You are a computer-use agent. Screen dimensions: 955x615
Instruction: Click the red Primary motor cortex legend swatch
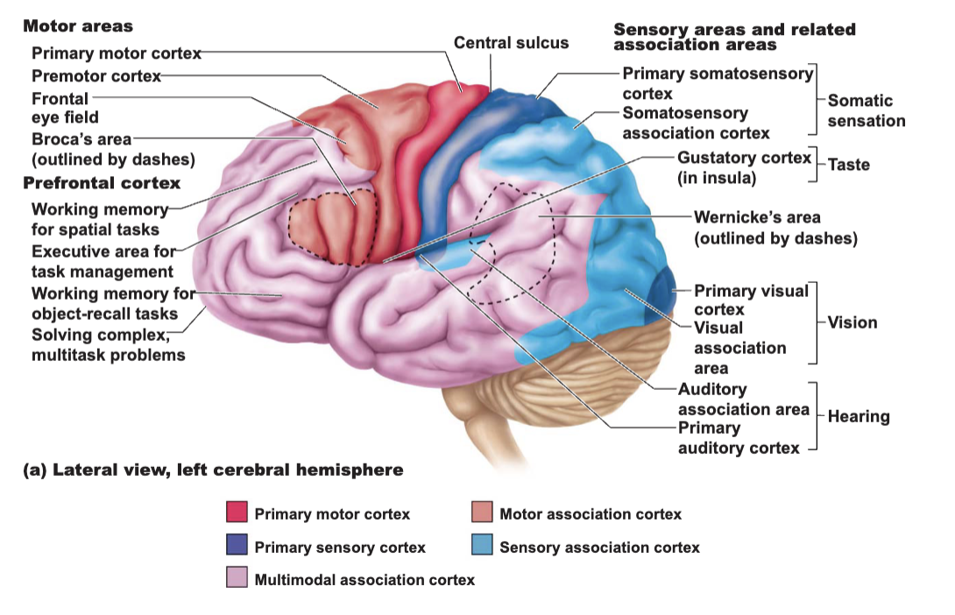[x=237, y=512]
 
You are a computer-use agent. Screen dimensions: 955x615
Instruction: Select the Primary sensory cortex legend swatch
[x=237, y=544]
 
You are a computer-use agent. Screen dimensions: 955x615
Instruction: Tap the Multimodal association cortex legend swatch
[x=237, y=577]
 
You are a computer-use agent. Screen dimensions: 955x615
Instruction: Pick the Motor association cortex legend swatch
[x=482, y=512]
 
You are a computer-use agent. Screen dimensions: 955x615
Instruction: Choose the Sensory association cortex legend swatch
[x=482, y=544]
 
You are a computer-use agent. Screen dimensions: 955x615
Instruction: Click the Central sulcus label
[x=511, y=43]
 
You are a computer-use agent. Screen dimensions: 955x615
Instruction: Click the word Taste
[x=848, y=165]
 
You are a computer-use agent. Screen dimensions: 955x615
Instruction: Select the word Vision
[x=852, y=322]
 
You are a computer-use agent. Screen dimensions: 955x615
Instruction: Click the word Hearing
[x=859, y=416]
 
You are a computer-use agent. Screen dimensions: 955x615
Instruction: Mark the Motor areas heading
[x=78, y=26]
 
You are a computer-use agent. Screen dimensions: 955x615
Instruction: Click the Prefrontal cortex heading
[x=102, y=183]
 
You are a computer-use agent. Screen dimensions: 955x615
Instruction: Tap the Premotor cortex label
[x=96, y=76]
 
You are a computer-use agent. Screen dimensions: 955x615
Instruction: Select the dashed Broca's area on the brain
[x=333, y=227]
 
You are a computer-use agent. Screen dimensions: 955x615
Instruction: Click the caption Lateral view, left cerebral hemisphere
[x=213, y=470]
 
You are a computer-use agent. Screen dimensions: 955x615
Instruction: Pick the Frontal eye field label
[x=65, y=108]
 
